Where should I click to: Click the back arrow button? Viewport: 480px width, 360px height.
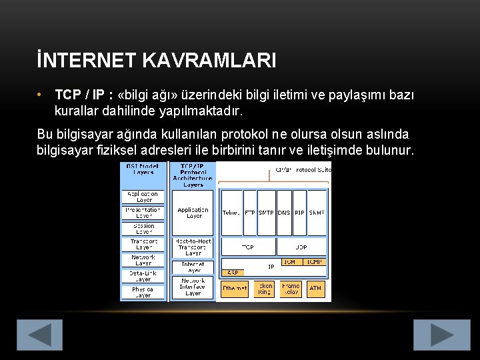tap(39, 335)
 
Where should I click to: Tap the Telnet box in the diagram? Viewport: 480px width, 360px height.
tap(231, 213)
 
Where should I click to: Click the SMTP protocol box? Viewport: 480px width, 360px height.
tap(266, 213)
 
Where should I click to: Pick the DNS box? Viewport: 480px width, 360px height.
tap(283, 213)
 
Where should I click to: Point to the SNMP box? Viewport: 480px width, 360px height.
tap(317, 213)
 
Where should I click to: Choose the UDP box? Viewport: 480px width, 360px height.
tap(301, 247)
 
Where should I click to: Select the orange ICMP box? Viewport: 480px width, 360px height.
tap(314, 262)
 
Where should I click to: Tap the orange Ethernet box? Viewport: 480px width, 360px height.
tap(234, 289)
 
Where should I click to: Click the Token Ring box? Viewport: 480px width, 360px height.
tap(265, 289)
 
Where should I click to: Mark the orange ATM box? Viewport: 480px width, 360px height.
tap(315, 289)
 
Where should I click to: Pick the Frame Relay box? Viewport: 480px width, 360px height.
tap(290, 289)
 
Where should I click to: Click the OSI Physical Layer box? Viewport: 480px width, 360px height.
tap(143, 292)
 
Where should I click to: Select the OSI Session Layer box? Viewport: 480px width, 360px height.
tap(143, 229)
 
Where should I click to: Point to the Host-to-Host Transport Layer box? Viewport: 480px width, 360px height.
tap(193, 247)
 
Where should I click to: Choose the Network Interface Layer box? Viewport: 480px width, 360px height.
tap(193, 287)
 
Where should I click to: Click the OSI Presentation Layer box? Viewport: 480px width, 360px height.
tap(143, 213)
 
